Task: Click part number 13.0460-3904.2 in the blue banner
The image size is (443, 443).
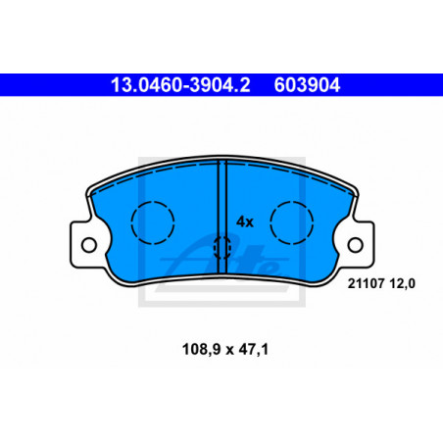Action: tap(180, 85)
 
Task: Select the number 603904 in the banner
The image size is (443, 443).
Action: tap(307, 85)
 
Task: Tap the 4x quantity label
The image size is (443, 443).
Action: tap(245, 222)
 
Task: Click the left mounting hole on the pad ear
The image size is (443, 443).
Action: tap(89, 245)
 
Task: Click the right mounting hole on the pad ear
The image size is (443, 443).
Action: tap(356, 245)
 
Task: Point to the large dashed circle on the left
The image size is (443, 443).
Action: tap(131, 222)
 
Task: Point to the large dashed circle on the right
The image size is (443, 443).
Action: tap(271, 222)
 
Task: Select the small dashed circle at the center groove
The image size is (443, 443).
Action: tap(215, 248)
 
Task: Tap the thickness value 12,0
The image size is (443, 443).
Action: tap(402, 283)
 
